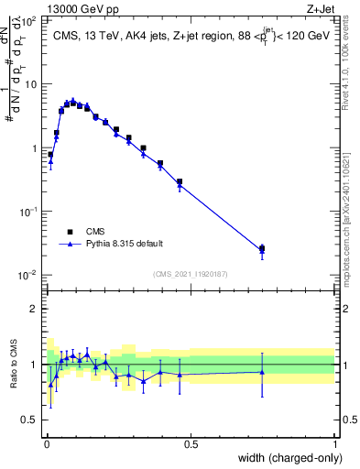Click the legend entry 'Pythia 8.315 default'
124,244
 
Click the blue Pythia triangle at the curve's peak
72,102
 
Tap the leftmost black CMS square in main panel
50,155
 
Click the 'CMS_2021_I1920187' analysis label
191,274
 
